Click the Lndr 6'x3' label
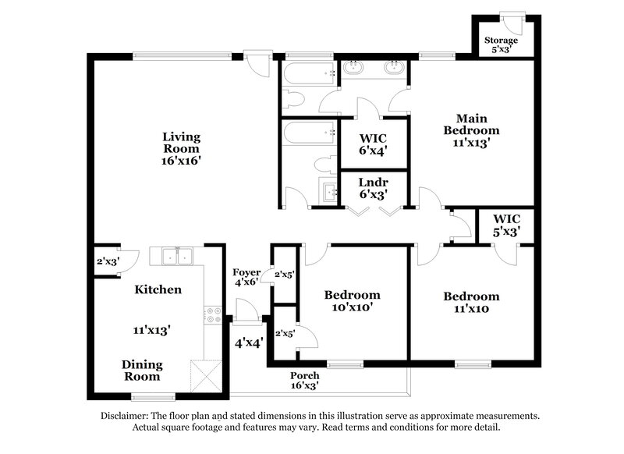point(373,188)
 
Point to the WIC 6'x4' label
point(373,144)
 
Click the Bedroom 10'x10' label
point(353,301)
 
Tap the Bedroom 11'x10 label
point(471,302)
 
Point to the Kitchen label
point(158,289)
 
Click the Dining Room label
point(144,370)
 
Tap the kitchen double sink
point(177,255)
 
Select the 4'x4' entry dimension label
point(247,341)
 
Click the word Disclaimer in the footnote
point(129,416)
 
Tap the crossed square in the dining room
point(207,376)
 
